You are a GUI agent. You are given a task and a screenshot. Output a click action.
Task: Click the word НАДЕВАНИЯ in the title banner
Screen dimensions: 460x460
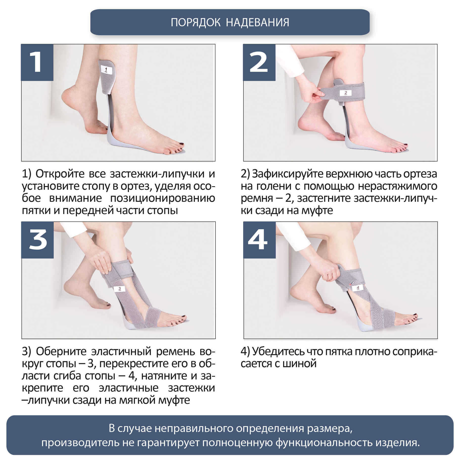[x=257, y=22]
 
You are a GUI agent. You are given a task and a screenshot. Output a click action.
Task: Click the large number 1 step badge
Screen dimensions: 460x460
[x=37, y=62]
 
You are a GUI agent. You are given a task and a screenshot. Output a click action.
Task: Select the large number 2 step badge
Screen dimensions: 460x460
[x=259, y=62]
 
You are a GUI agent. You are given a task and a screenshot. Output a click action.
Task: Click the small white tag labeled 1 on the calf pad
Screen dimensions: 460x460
[x=106, y=70]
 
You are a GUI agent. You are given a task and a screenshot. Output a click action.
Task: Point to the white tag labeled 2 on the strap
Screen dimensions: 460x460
[x=346, y=93]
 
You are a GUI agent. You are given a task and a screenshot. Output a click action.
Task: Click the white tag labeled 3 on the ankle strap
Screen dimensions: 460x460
[x=120, y=289]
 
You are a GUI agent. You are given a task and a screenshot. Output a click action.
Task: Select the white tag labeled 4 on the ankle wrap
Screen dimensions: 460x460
[x=358, y=288]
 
